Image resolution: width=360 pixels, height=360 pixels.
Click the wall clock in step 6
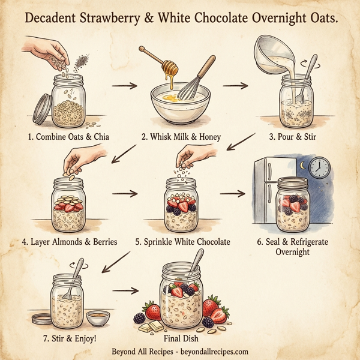[320, 167]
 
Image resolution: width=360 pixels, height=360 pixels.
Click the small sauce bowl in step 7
[98, 316]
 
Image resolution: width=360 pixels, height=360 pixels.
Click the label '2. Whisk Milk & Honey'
[181, 137]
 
